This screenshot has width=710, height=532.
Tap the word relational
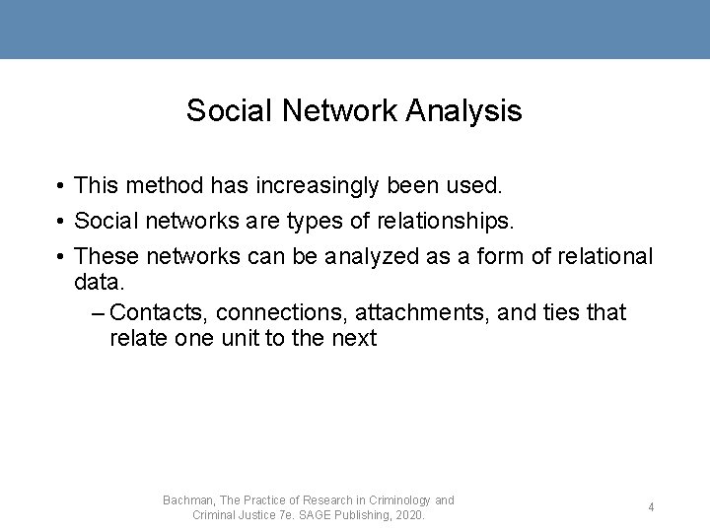tap(604, 257)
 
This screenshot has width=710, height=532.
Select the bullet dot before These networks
tap(61, 258)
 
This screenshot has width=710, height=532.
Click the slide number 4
tap(651, 507)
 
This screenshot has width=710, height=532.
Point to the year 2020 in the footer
tap(409, 515)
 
